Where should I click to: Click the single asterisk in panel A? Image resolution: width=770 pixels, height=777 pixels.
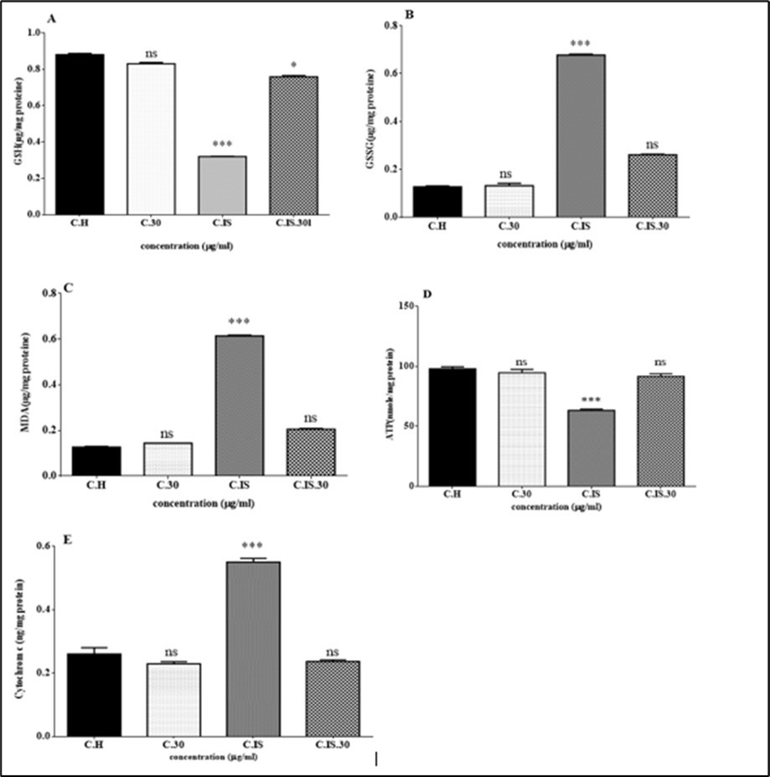293,65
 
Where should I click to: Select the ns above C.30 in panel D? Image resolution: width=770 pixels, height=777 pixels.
522,362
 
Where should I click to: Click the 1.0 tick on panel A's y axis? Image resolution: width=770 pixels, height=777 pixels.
35,33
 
